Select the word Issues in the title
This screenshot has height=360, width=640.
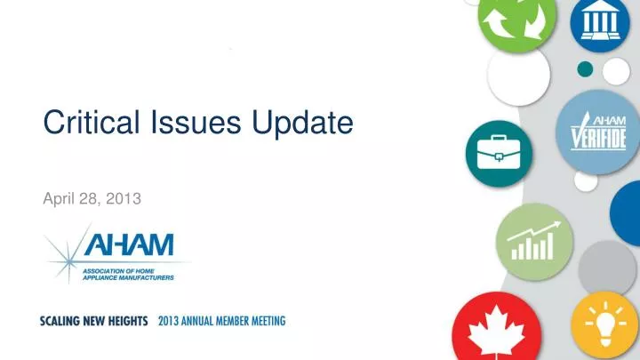point(177,124)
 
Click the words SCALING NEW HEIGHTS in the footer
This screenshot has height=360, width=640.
point(93,320)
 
